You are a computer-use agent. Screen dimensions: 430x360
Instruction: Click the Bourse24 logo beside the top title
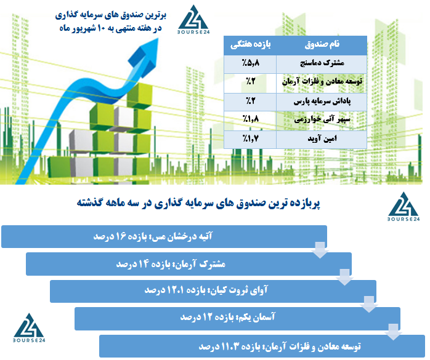[x=193, y=20]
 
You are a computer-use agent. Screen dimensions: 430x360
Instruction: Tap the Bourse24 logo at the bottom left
[x=29, y=327]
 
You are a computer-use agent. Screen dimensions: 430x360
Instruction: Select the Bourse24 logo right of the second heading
[x=404, y=206]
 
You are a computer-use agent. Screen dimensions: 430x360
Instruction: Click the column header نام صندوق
[x=322, y=45]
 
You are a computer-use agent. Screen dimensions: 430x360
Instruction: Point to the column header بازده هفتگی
[x=250, y=45]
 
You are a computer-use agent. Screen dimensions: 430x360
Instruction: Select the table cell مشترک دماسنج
[x=322, y=64]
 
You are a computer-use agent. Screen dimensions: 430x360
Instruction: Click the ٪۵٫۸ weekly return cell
[x=250, y=64]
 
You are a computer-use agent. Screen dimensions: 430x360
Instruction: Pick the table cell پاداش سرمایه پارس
[x=322, y=102]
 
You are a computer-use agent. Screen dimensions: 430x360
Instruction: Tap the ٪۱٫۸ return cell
[x=250, y=121]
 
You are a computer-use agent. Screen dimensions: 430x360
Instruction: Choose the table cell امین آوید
[x=322, y=140]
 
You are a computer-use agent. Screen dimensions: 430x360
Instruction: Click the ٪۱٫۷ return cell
[x=250, y=140]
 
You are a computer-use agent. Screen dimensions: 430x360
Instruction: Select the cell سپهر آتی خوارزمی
[x=322, y=121]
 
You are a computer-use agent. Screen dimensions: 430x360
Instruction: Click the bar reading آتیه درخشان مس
[x=164, y=236]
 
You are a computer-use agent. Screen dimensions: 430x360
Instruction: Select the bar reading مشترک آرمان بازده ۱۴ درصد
[x=189, y=264]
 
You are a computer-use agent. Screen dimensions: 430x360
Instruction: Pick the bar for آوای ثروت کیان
[x=213, y=291]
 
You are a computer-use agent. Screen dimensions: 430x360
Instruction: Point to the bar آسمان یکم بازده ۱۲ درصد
[x=237, y=318]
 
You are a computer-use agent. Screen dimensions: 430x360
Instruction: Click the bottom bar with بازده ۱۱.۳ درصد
[x=262, y=346]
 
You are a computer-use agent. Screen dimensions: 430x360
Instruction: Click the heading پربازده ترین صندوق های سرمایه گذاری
[x=198, y=203]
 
